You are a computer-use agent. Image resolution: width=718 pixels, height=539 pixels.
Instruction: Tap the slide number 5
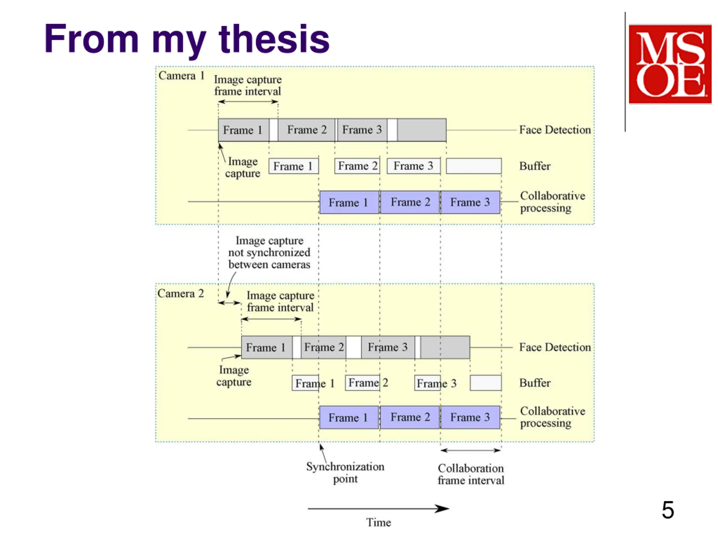(668, 510)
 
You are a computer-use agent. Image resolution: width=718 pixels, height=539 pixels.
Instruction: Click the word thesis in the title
(274, 39)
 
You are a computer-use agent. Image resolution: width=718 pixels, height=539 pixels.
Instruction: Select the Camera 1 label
(181, 76)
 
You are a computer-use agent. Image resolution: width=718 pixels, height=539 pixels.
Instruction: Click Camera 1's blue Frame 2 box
(410, 202)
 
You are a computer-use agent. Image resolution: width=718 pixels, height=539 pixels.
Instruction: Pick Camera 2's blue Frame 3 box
(470, 417)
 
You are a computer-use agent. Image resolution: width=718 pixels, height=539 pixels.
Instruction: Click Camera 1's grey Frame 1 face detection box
(243, 130)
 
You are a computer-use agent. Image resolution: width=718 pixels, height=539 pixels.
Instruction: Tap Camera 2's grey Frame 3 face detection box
(388, 347)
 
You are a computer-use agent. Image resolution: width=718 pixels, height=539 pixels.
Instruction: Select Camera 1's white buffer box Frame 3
(414, 166)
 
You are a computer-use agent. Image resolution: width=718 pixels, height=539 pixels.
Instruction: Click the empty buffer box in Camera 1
(474, 166)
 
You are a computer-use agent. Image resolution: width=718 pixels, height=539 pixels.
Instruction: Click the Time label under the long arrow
(379, 522)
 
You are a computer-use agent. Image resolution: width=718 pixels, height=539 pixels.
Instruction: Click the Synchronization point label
(345, 473)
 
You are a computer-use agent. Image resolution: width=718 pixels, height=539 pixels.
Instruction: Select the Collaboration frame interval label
(471, 474)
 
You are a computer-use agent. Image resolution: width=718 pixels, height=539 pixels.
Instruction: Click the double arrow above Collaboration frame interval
(471, 450)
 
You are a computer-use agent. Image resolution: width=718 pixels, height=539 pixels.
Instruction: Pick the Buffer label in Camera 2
(535, 383)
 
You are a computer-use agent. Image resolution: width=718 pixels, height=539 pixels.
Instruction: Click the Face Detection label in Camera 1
(555, 130)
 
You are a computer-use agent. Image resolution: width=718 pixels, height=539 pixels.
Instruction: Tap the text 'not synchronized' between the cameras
(270, 252)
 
